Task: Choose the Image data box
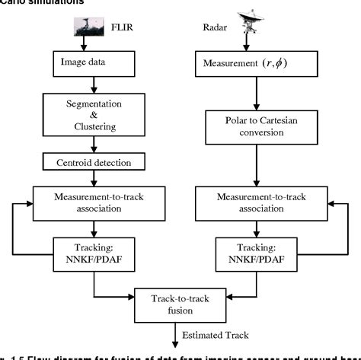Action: coord(94,61)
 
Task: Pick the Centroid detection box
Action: coord(94,162)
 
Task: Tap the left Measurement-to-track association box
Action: coord(95,202)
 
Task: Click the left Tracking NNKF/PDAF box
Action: coord(95,250)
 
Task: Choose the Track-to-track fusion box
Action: coord(180,306)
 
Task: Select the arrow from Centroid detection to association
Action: coord(94,178)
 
